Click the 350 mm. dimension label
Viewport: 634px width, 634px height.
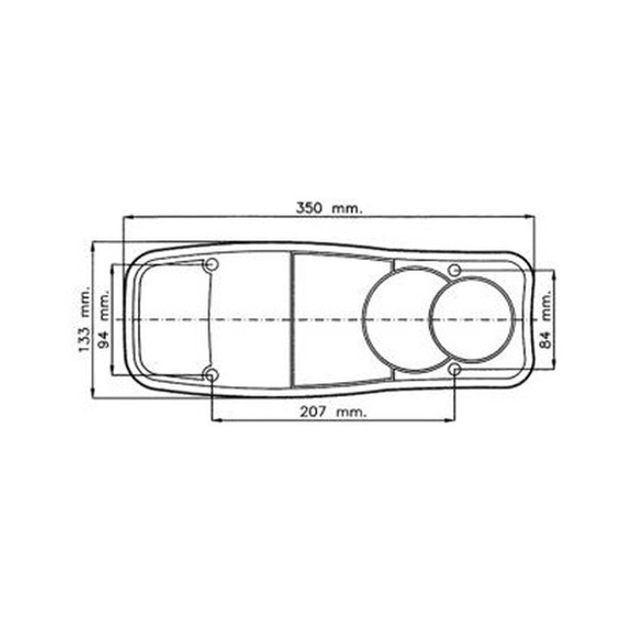[328, 208]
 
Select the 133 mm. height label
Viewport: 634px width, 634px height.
[85, 320]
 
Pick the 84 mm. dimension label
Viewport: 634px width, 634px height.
[544, 319]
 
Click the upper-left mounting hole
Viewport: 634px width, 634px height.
[211, 265]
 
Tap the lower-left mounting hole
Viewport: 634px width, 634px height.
[211, 374]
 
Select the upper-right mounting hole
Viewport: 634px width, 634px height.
[455, 270]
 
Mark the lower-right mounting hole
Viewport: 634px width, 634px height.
[455, 369]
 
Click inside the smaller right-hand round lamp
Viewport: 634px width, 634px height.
[472, 319]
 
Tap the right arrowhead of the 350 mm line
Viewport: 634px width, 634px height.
[530, 216]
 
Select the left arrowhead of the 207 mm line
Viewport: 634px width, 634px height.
[216, 419]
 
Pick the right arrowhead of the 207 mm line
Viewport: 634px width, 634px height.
[450, 419]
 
